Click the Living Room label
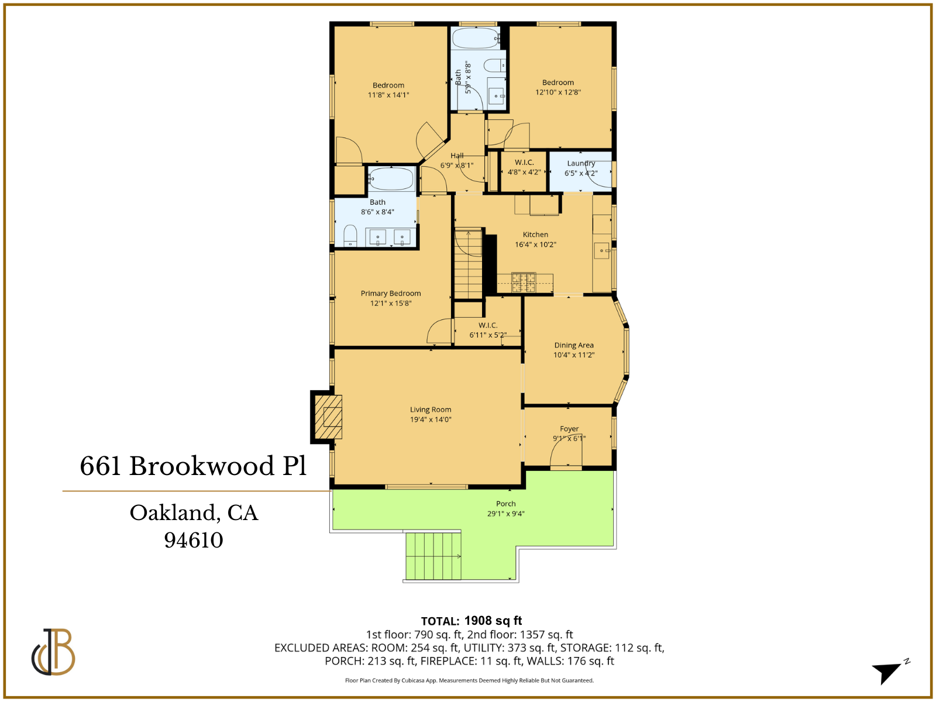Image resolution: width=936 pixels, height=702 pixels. coord(431,409)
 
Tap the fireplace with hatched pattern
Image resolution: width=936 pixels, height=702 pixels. coord(328,417)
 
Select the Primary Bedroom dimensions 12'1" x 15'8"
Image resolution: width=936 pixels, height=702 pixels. coord(391,303)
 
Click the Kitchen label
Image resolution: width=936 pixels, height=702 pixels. coord(535,235)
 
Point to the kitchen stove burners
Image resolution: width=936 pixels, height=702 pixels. coord(524,282)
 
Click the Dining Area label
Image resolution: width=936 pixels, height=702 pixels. coord(574,345)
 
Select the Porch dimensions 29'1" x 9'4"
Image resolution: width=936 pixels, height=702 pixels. coord(506,514)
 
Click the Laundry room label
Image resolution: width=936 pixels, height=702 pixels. coord(581,163)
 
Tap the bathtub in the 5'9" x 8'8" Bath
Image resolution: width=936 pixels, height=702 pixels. coord(475,39)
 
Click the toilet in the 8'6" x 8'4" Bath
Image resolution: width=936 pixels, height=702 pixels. coord(350,236)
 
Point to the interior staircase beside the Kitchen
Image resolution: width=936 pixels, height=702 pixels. coord(469,264)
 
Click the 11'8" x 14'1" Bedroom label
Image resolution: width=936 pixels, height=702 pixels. coord(388,85)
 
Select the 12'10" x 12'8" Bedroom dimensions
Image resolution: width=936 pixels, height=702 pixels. coord(558,92)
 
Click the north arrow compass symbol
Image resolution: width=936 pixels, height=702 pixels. coord(889,672)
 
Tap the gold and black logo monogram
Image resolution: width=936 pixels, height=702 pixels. coord(53,652)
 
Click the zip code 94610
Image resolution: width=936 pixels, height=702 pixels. coord(194,540)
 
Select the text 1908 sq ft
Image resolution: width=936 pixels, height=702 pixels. coord(493,621)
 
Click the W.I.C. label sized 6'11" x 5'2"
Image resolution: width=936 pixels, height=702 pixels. coord(488,325)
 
